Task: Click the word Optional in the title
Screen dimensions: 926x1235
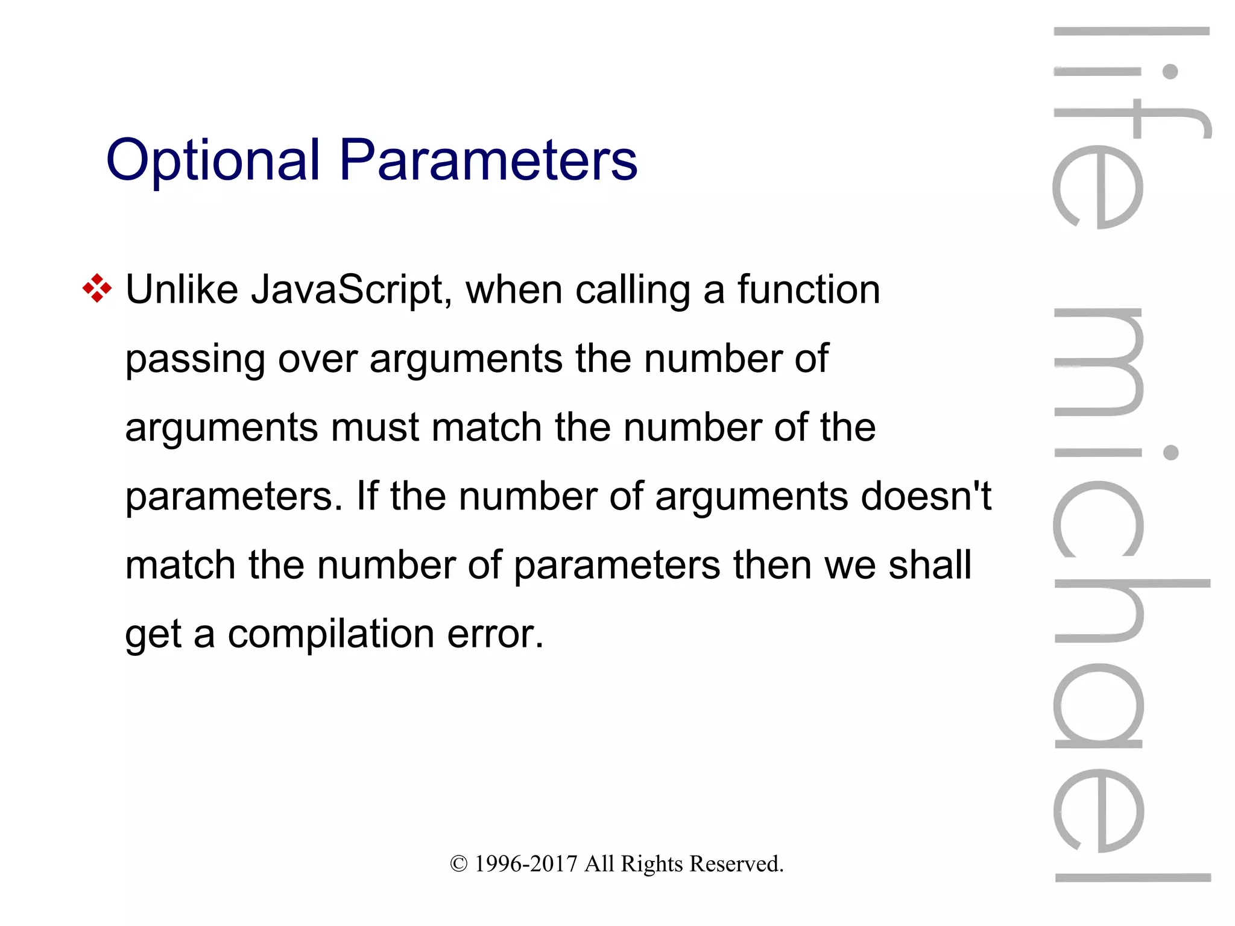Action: [x=212, y=160]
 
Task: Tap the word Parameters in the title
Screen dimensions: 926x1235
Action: [x=488, y=160]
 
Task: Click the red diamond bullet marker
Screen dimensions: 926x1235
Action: [x=97, y=288]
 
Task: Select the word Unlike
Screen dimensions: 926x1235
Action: [x=182, y=290]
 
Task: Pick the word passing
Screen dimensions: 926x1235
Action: [x=195, y=360]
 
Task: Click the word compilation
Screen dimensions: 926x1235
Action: [x=331, y=635]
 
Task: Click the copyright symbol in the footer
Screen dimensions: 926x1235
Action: [x=458, y=864]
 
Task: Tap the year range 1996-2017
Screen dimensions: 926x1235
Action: [x=526, y=864]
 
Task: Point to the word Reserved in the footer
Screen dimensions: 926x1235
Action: [x=736, y=864]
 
